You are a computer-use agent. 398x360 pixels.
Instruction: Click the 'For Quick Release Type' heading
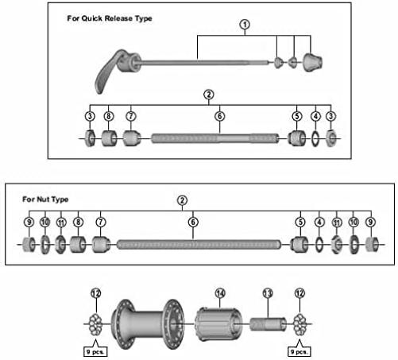[x=110, y=18]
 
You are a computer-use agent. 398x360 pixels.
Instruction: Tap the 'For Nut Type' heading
[x=45, y=199]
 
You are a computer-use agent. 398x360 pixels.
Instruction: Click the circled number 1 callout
[x=245, y=25]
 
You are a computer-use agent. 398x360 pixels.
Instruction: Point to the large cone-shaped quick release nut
[x=312, y=63]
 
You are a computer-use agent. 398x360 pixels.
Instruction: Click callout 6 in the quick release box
[x=220, y=116]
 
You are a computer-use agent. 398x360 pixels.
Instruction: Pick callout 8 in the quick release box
[x=109, y=116]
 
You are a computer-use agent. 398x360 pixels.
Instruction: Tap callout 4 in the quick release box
[x=315, y=116]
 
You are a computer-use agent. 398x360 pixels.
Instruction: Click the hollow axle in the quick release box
[x=215, y=138]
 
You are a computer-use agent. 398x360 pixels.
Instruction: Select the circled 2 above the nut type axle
[x=182, y=200]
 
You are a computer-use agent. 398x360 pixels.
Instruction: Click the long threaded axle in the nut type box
[x=199, y=245]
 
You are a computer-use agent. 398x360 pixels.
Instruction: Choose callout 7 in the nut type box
[x=101, y=222]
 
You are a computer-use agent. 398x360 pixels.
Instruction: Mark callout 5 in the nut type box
[x=300, y=222]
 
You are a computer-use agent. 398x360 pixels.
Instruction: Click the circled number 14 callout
[x=220, y=293]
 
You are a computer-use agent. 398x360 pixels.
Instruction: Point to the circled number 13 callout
[x=268, y=293]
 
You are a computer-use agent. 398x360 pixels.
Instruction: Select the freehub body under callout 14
[x=218, y=323]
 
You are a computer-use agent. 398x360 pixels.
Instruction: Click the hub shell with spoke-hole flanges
[x=148, y=324]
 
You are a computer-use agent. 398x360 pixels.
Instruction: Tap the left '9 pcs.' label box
[x=95, y=352]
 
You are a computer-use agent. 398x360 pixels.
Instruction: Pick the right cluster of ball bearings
[x=299, y=324]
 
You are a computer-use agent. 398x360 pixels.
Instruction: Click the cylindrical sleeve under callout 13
[x=268, y=324]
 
